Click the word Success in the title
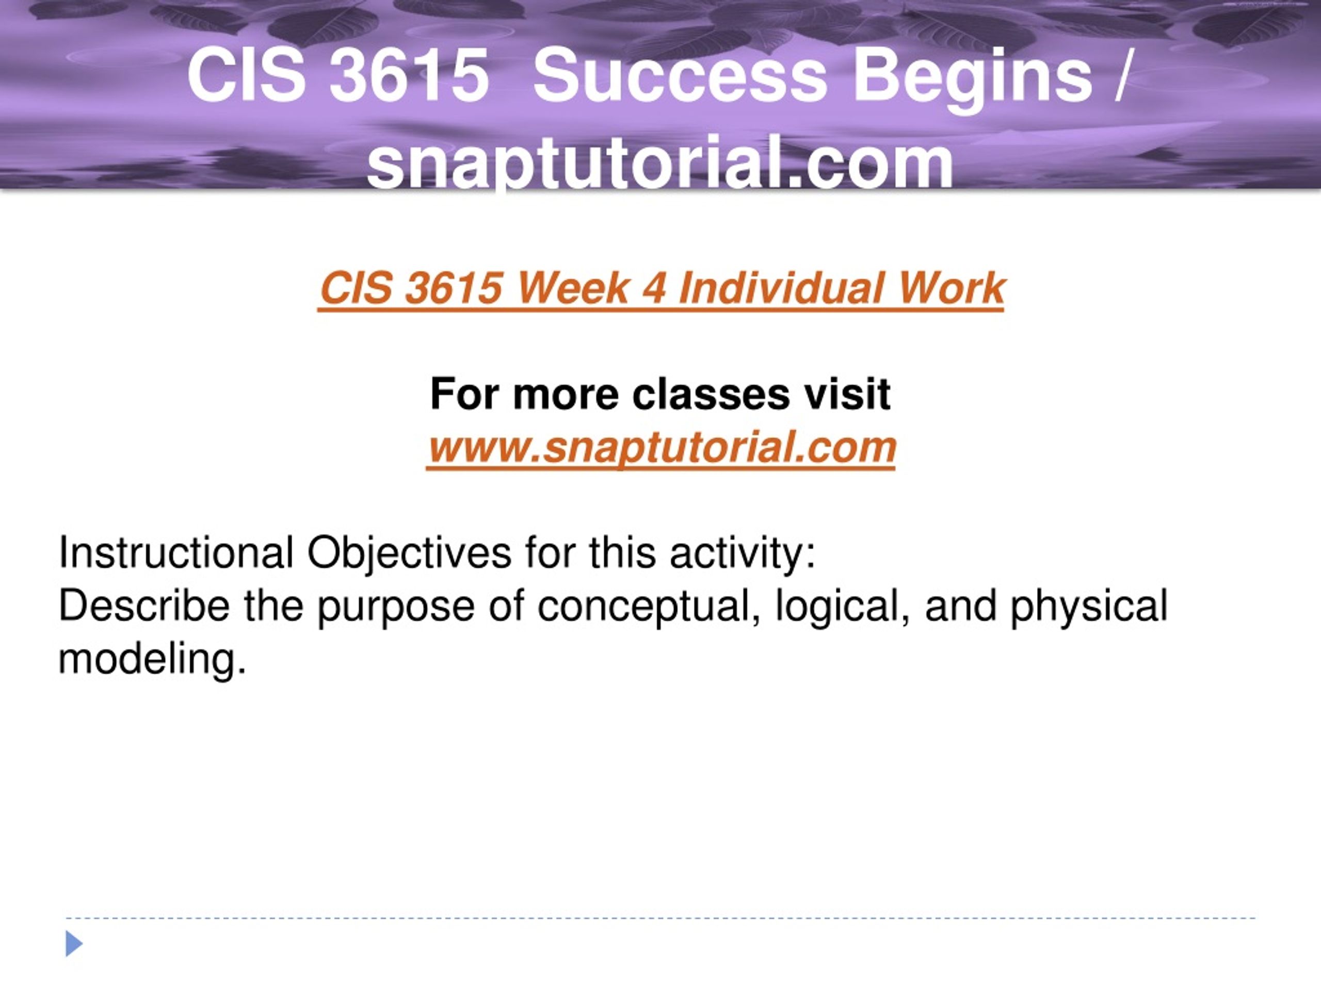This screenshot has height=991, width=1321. (x=680, y=76)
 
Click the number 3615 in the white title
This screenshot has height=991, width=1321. (x=410, y=76)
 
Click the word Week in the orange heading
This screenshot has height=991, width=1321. (x=573, y=289)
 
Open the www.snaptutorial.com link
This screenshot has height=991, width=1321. (x=661, y=448)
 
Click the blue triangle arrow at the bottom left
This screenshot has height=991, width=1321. (x=73, y=944)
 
